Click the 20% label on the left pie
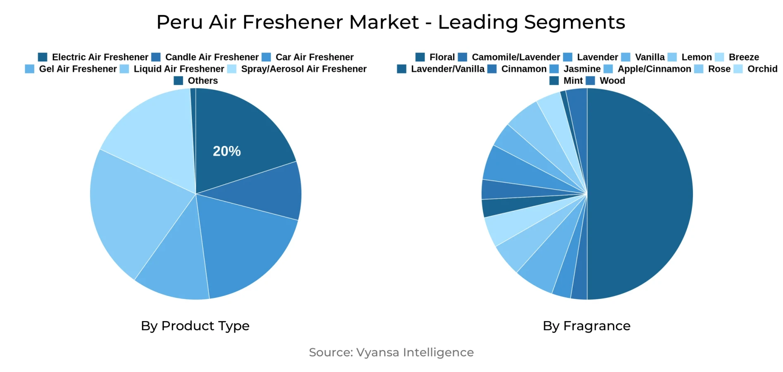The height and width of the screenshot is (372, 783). click(x=227, y=151)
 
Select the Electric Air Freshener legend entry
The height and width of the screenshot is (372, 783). click(x=100, y=57)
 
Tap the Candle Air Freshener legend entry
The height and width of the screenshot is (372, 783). click(x=211, y=57)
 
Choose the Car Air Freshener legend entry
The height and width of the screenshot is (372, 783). click(x=314, y=57)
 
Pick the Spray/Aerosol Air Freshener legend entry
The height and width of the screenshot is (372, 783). click(x=303, y=69)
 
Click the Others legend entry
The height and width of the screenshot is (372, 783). click(x=202, y=81)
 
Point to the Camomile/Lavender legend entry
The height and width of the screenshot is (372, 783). click(x=515, y=57)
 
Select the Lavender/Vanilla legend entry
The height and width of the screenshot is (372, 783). click(x=447, y=69)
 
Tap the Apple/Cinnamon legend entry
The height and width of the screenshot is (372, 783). click(x=654, y=69)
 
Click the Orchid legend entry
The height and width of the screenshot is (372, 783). click(x=762, y=69)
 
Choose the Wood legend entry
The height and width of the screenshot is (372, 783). click(x=612, y=81)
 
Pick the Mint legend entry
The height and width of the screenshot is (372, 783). click(x=573, y=81)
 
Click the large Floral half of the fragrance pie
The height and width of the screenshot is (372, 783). click(x=641, y=194)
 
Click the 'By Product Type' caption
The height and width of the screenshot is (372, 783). click(x=195, y=326)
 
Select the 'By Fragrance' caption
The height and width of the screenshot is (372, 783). click(x=587, y=326)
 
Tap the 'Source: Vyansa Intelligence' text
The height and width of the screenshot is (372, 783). click(x=391, y=352)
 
